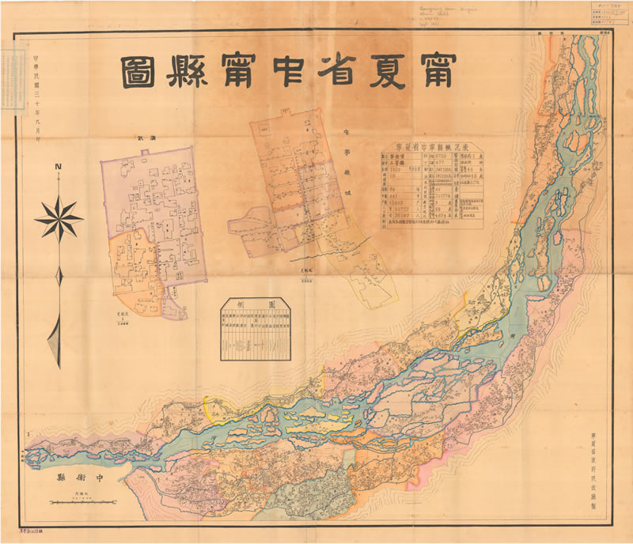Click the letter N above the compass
tap(59, 168)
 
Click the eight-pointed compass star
tap(59, 217)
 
